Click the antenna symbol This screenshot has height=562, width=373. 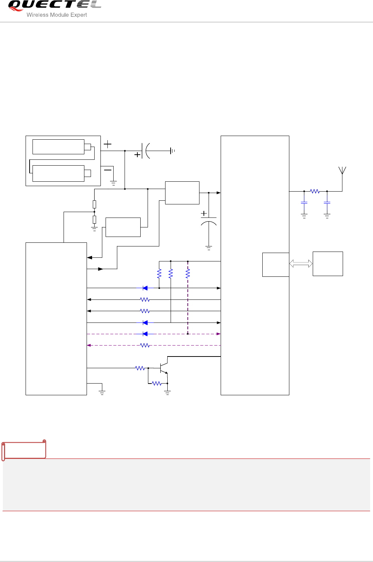(342, 171)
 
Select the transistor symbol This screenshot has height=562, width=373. (163, 368)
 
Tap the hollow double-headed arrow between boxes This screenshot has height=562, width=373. (301, 263)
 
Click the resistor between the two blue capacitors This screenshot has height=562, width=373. (315, 191)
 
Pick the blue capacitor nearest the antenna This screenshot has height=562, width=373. (327, 203)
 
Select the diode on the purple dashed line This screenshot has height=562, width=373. (145, 334)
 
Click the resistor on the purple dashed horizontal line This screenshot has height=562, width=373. (145, 345)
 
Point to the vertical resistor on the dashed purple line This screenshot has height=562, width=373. (188, 274)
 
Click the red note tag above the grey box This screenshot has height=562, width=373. (24, 450)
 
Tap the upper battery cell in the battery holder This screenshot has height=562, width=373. (58, 147)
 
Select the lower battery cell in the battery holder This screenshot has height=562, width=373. (58, 173)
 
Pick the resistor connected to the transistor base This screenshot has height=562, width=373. (140, 368)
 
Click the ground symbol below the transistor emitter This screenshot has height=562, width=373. (167, 393)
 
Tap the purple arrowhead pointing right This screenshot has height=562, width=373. (218, 334)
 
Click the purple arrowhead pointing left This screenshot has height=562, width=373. (89, 345)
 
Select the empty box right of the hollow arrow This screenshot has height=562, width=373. (328, 264)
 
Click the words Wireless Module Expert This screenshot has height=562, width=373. (57, 15)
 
